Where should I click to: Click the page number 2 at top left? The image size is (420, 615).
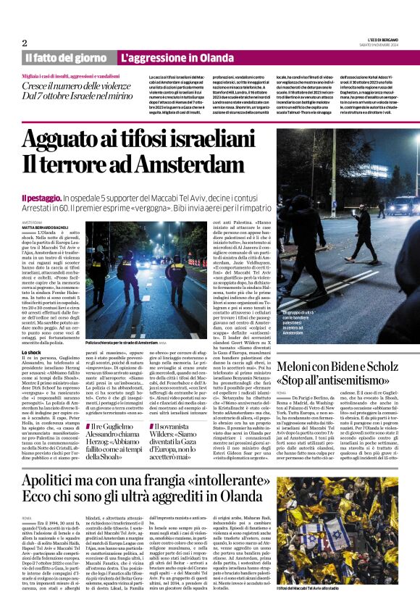pos(24,42)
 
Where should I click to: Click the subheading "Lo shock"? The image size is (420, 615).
pos(32,351)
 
